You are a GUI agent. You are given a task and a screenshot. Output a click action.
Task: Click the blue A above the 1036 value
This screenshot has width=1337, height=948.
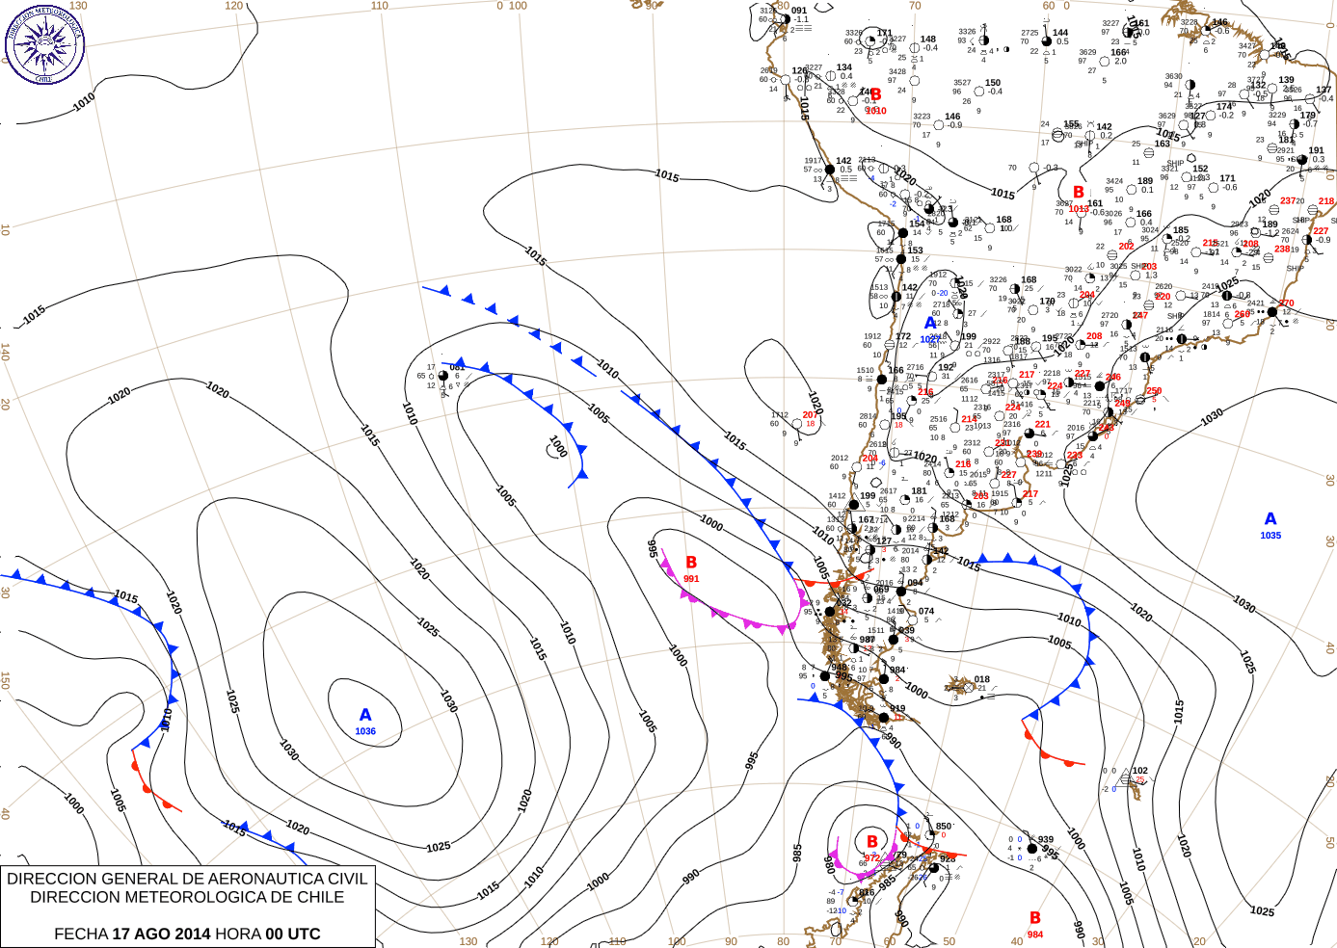pos(365,715)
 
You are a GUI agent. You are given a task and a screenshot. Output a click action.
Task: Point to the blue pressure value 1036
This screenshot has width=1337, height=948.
pos(365,731)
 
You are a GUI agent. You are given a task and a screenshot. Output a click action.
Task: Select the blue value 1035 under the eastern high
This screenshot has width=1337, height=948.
pos(1270,536)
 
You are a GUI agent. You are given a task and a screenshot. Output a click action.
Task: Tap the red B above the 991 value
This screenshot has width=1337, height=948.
pos(691,563)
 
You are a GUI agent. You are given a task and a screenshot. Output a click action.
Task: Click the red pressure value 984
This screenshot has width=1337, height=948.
pos(1035,935)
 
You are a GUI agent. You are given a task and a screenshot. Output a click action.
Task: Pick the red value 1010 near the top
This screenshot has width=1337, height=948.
pos(876,111)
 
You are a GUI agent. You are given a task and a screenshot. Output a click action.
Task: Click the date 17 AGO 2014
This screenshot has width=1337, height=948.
pos(161,934)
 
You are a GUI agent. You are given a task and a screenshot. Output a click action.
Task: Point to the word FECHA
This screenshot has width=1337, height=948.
pos(81,934)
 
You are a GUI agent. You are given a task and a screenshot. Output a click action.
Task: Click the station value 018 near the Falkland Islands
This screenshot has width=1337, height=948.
pos(982,679)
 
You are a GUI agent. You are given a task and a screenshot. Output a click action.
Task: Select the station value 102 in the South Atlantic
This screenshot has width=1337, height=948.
pos(1140,771)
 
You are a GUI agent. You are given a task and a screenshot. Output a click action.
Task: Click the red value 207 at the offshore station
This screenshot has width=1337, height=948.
pos(810,415)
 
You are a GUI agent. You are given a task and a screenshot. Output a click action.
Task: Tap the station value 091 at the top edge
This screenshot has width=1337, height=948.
pos(799,12)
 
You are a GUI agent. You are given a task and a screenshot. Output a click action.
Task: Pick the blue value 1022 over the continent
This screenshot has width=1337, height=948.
pos(930,339)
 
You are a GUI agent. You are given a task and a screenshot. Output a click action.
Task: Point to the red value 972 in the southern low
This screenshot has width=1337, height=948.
pos(871,857)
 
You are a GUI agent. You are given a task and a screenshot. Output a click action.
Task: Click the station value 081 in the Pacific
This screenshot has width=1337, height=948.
pos(457,367)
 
